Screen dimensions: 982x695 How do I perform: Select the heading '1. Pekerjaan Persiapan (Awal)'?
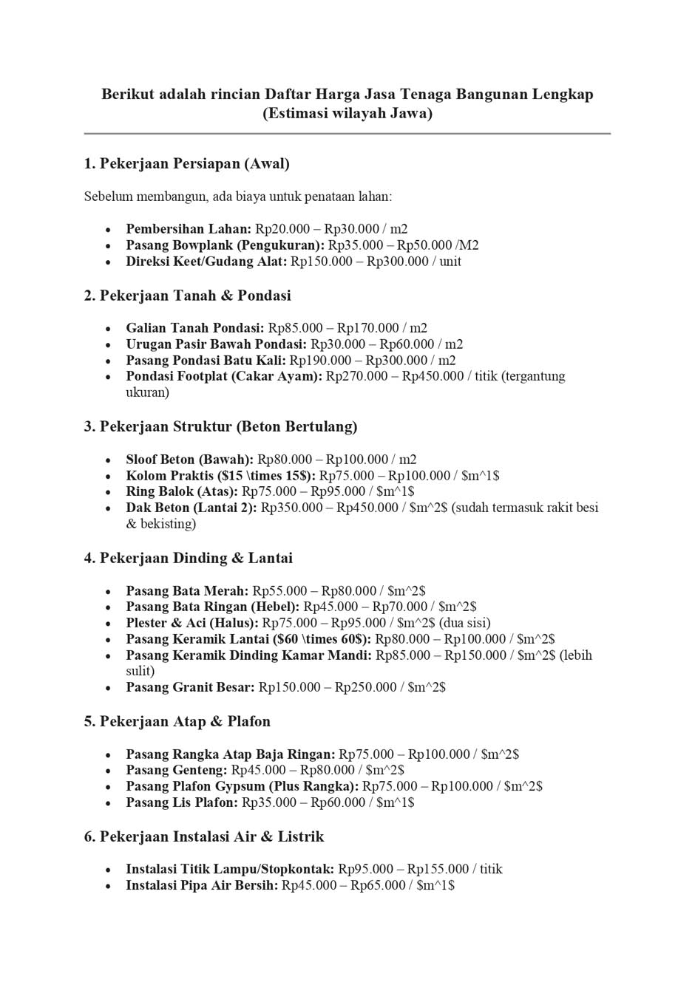186,163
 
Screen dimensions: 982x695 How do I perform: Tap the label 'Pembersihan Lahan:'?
189,229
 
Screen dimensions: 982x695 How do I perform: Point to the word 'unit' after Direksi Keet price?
450,262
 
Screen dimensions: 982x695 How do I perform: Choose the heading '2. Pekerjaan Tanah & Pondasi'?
187,296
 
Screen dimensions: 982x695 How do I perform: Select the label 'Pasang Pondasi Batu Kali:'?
206,361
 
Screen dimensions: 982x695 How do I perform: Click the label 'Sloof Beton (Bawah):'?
189,460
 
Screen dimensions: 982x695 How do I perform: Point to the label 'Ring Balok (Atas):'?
182,491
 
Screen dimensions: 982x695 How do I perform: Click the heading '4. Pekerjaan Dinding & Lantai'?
188,558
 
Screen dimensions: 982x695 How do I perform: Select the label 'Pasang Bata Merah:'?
187,591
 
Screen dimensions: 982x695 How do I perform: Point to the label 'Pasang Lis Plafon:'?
182,802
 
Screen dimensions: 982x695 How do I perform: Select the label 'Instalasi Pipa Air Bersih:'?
202,885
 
